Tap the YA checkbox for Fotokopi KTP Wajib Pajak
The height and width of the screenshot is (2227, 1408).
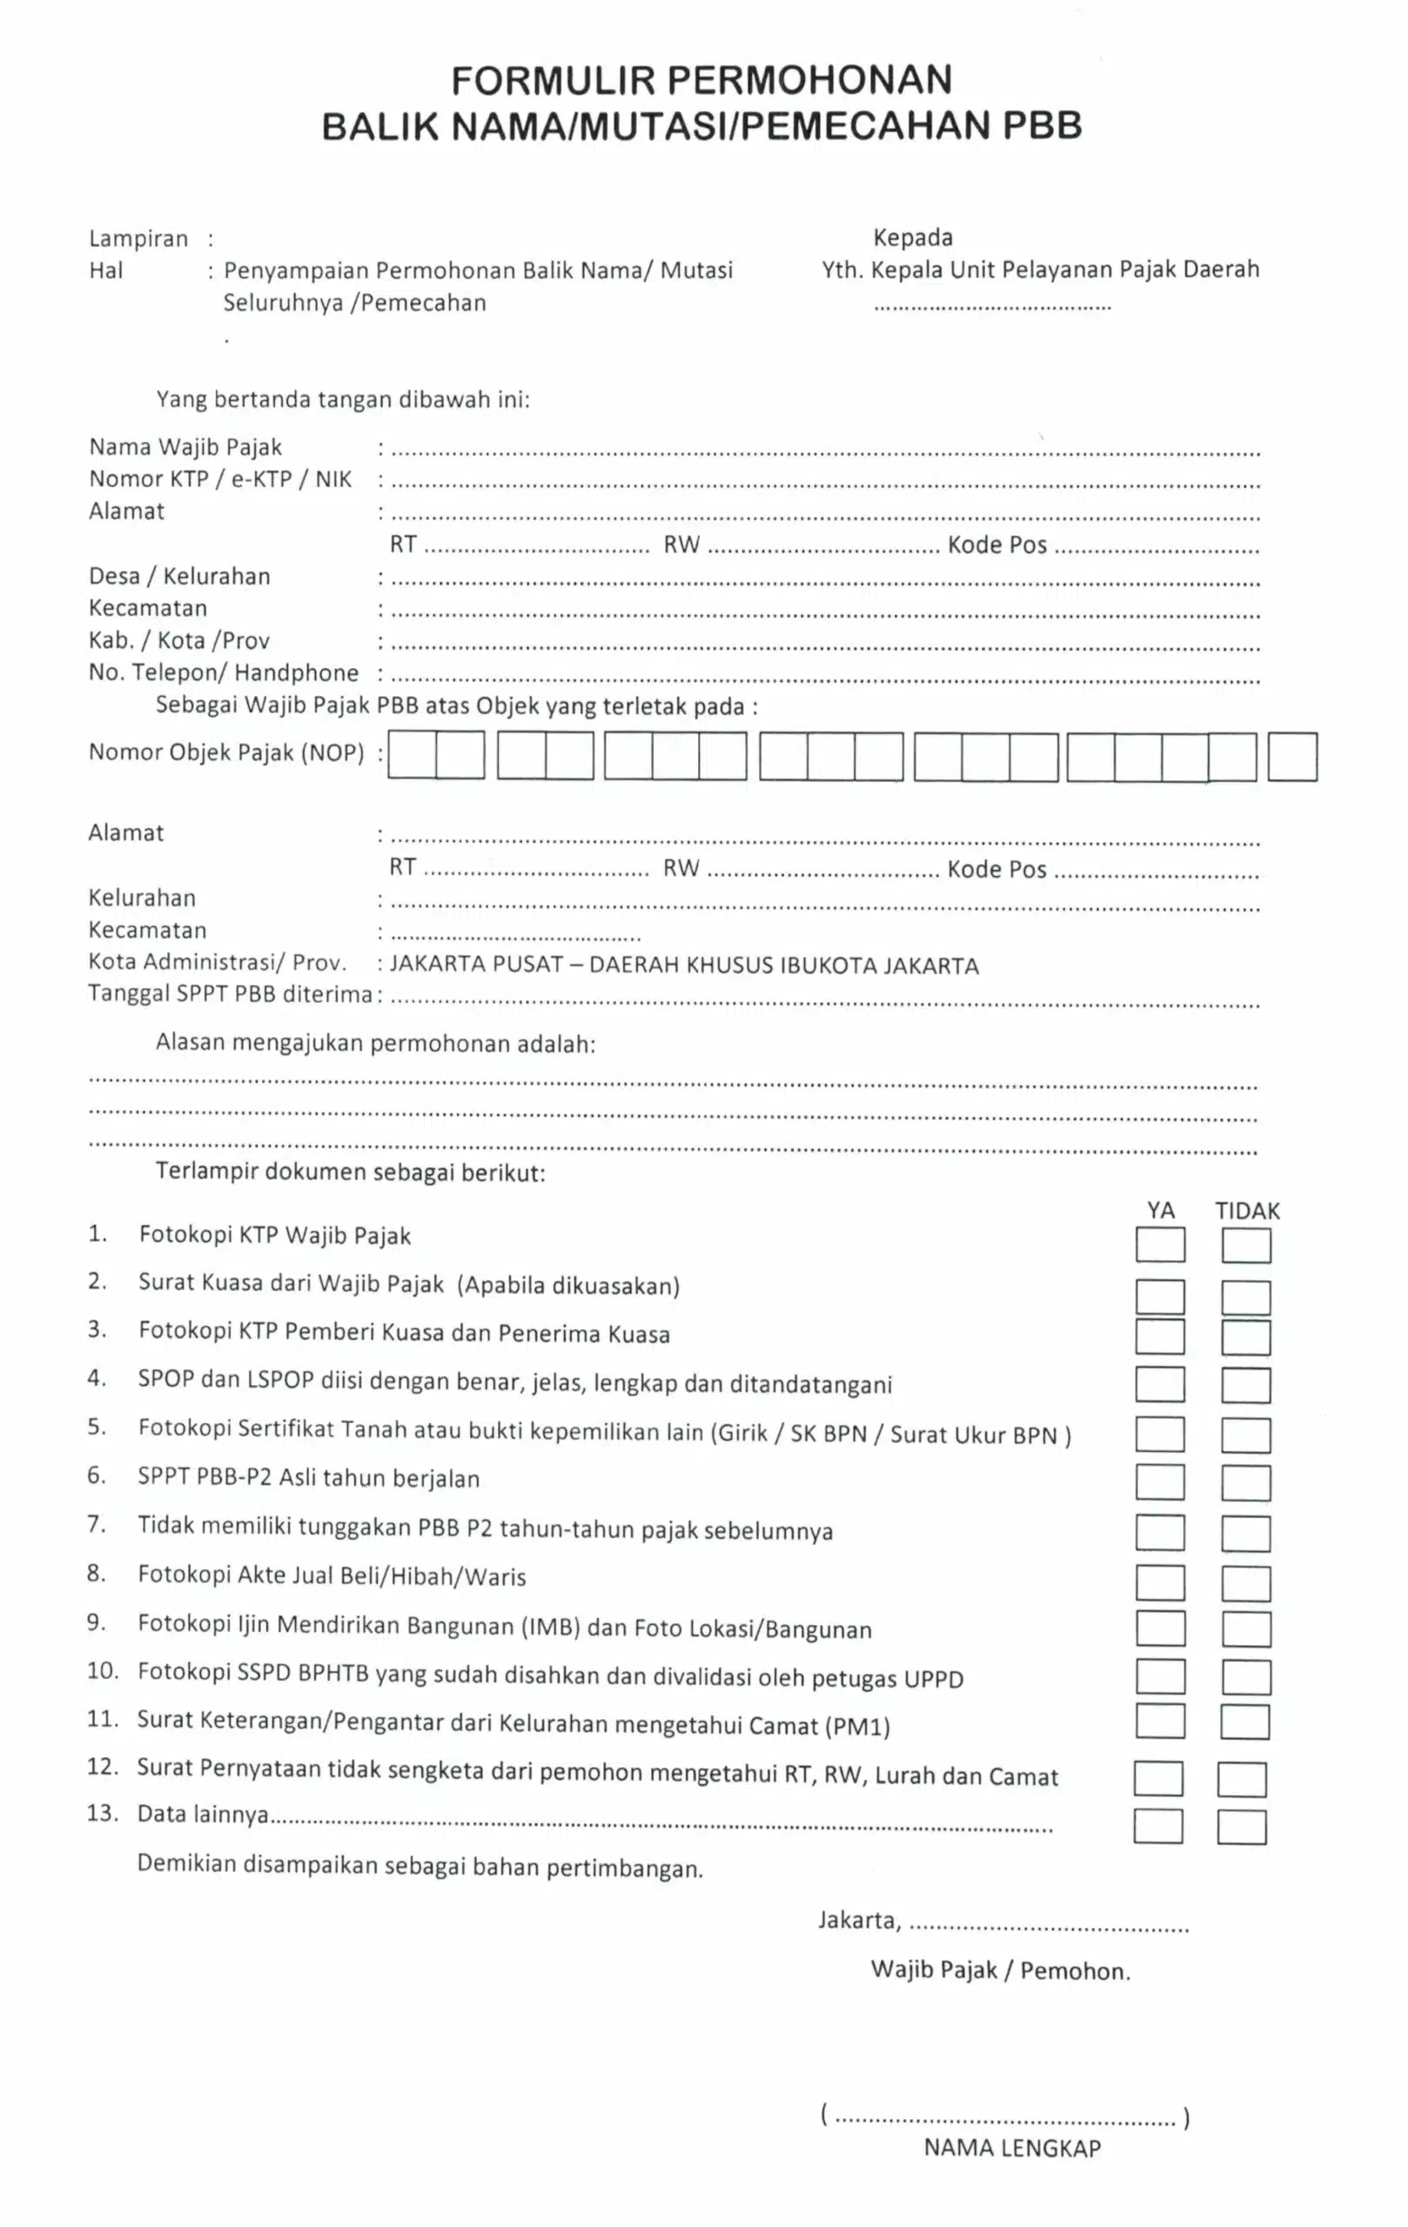1160,1245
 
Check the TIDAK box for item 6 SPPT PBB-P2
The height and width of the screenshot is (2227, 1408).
1245,1482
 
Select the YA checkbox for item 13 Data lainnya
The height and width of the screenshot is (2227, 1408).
1158,1826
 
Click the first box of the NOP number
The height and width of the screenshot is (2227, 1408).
412,756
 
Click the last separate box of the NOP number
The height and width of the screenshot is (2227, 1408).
1291,757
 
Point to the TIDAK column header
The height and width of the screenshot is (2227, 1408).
1247,1211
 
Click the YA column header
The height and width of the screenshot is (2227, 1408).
1160,1211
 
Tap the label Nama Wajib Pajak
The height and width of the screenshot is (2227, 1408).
185,448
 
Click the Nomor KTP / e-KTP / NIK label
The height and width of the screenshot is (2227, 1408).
220,479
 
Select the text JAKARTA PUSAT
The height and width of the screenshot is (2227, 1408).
475,965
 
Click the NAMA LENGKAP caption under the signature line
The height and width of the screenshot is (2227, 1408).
1012,2148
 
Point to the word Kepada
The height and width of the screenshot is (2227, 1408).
912,237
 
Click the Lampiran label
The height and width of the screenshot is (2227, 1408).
137,238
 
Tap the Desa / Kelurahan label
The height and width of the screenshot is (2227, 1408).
179,576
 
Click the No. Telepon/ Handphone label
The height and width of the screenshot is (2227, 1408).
223,672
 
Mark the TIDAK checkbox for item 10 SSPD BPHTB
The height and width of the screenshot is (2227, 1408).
1245,1676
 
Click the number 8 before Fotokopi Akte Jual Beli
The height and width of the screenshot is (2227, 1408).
95,1573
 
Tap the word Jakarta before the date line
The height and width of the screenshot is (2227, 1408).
857,1921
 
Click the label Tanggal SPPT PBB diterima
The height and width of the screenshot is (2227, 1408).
230,994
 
